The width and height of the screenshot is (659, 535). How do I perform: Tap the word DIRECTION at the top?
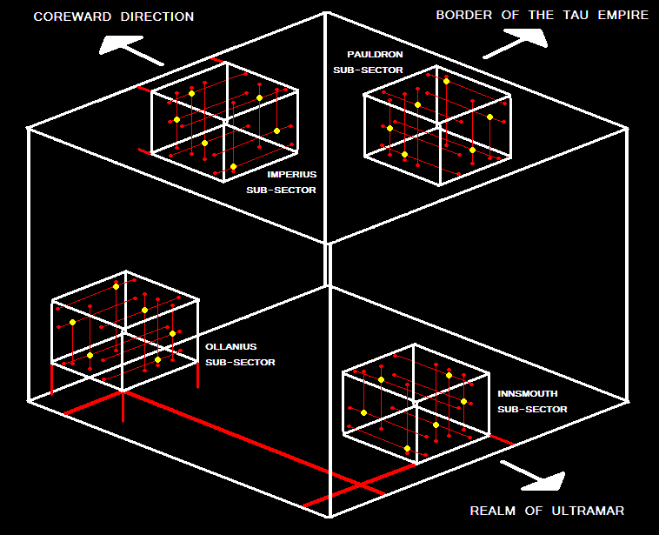click(157, 17)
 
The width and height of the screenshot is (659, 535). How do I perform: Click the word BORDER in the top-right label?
click(463, 16)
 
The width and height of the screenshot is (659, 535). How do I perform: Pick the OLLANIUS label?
click(230, 346)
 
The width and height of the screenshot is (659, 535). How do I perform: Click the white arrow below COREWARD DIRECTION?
click(130, 50)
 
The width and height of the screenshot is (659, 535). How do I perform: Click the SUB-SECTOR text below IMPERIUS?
click(282, 190)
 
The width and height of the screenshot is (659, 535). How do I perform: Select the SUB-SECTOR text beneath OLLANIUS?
click(241, 362)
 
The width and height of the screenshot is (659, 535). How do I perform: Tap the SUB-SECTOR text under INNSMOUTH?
click(533, 409)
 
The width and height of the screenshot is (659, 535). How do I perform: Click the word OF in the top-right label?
click(509, 16)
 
